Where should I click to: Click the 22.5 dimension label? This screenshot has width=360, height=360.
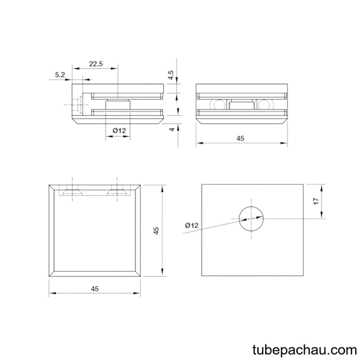pos(96,64)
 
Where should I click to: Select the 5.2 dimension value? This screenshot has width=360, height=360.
pos(60,74)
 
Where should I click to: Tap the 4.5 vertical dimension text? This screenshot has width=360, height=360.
pos(171,75)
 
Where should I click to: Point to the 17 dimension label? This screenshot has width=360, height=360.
pos(316,201)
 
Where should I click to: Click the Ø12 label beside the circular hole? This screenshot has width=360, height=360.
pos(192,226)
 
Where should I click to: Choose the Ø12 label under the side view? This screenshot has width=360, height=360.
pos(119,131)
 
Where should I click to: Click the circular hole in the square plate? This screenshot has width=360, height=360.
pos(251,218)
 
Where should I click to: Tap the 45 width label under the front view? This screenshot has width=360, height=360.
pos(241,139)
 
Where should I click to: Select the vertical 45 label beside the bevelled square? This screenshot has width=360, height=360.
pos(156,230)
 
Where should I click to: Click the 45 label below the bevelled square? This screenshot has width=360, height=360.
pos(95,289)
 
